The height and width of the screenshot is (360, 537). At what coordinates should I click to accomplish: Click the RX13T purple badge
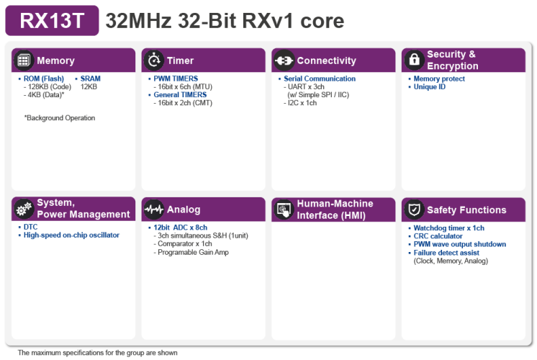(52, 21)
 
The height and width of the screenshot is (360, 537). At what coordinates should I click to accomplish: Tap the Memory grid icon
(23, 60)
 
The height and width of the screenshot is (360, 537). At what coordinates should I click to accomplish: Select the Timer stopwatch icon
(154, 60)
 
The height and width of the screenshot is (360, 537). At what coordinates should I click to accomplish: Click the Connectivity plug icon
(284, 60)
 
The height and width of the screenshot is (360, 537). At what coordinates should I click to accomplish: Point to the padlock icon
(414, 60)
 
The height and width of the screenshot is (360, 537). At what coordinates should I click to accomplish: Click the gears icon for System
(23, 209)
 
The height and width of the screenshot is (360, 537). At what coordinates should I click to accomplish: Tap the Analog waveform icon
(154, 210)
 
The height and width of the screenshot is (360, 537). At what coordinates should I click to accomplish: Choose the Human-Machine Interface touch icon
(284, 210)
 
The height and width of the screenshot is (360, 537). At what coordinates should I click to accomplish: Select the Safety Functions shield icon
(414, 210)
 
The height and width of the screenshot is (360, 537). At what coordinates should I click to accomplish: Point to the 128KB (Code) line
(48, 86)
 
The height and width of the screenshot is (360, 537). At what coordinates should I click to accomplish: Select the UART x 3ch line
(304, 86)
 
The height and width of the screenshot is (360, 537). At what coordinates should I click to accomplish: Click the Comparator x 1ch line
(183, 243)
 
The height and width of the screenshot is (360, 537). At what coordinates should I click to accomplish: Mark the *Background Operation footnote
(60, 118)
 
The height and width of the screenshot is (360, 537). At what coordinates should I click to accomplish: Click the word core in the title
(322, 21)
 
